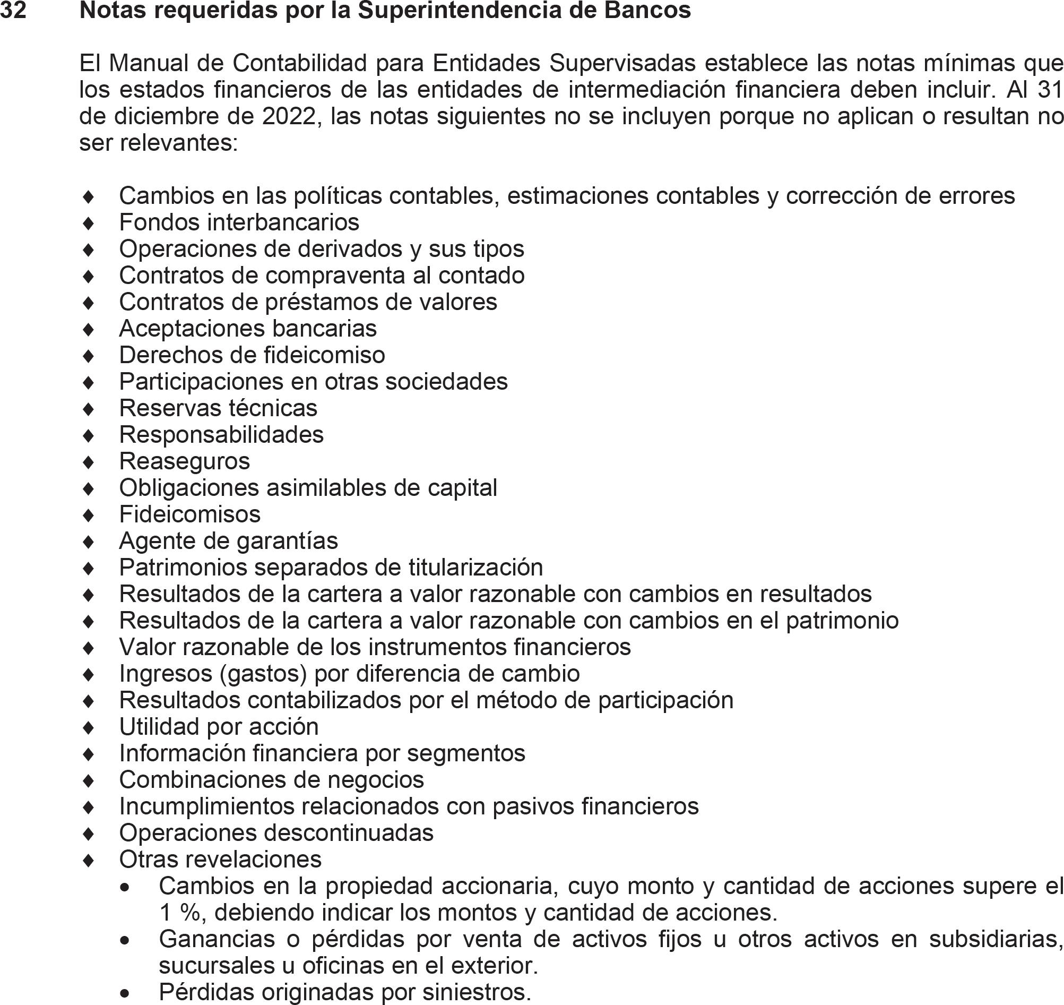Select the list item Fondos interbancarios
click(x=239, y=222)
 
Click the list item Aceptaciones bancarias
click(x=248, y=329)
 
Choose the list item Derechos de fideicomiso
click(x=252, y=355)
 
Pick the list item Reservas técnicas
click(x=218, y=408)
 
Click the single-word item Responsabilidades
click(x=221, y=434)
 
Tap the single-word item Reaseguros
click(x=184, y=461)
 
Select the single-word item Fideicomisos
click(x=189, y=514)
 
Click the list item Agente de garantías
click(x=229, y=541)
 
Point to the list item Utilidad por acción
click(x=219, y=727)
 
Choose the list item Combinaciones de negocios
click(x=272, y=780)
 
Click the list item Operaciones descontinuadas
click(x=276, y=833)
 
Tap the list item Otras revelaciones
click(x=220, y=860)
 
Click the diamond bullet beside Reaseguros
click(x=89, y=462)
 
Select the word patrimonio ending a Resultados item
click(x=842, y=621)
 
